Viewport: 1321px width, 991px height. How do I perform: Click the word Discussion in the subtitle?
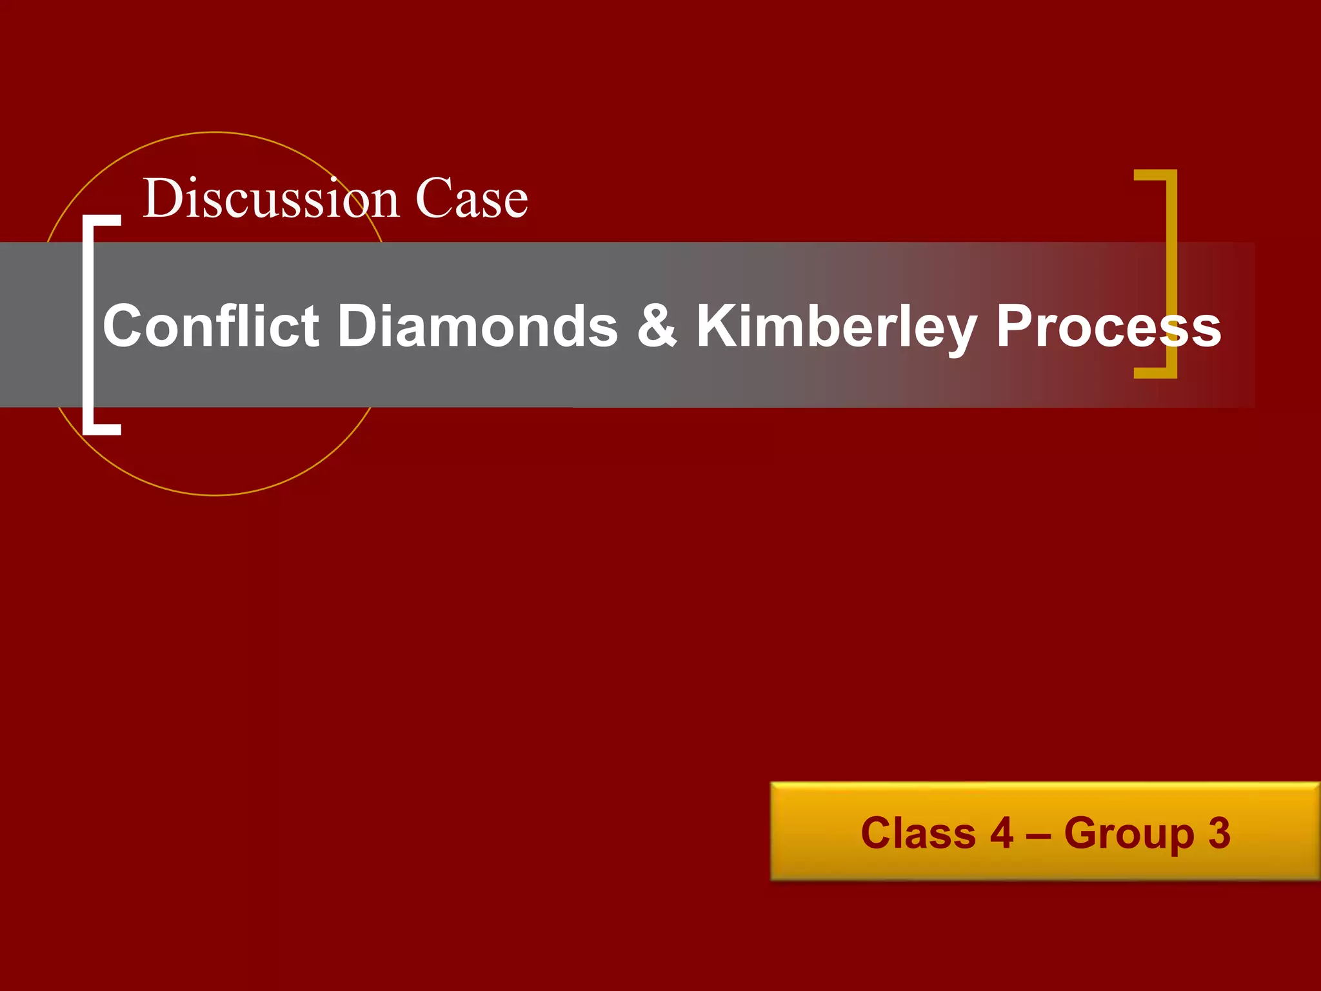[272, 199]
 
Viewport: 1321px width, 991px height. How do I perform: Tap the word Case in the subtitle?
[472, 199]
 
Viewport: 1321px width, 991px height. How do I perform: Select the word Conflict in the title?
[211, 325]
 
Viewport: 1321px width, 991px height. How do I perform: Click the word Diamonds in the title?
[478, 325]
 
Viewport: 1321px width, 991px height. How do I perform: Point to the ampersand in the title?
[657, 325]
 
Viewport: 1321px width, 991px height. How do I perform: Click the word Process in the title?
[1108, 326]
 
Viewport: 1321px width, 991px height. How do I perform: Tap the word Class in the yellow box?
[918, 833]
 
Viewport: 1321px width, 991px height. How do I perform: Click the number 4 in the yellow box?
[1002, 833]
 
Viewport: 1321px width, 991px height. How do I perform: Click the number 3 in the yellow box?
[1219, 833]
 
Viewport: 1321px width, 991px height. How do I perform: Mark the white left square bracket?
[90, 325]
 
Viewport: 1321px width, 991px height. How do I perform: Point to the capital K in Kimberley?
[717, 325]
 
